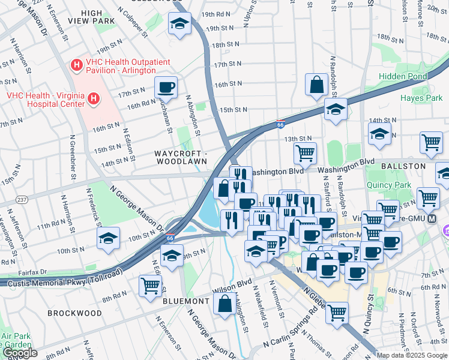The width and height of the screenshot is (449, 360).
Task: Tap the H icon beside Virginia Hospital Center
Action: click(x=93, y=98)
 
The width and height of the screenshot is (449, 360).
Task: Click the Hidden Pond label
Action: click(x=403, y=76)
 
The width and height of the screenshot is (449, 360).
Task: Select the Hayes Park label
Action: click(x=421, y=97)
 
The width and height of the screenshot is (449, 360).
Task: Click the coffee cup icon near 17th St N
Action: click(x=166, y=88)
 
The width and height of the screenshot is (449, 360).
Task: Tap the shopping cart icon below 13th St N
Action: click(x=306, y=153)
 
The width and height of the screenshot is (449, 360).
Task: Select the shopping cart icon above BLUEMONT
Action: click(x=150, y=285)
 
